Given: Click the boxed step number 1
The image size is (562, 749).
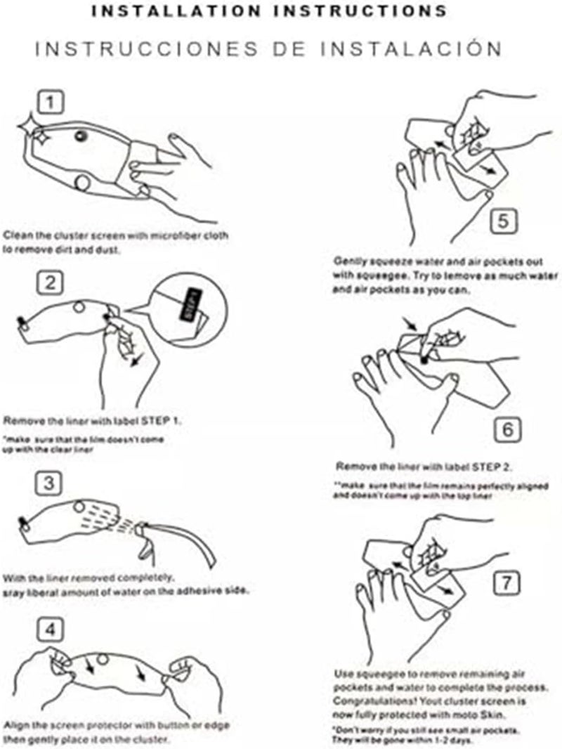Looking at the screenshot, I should pos(49,103).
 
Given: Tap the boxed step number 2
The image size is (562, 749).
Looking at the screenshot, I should pos(50,284).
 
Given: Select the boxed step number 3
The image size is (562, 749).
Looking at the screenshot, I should pos(50,483).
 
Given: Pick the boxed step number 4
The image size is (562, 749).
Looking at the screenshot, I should pos(50,630).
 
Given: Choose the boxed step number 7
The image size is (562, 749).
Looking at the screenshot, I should pos(508,582).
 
